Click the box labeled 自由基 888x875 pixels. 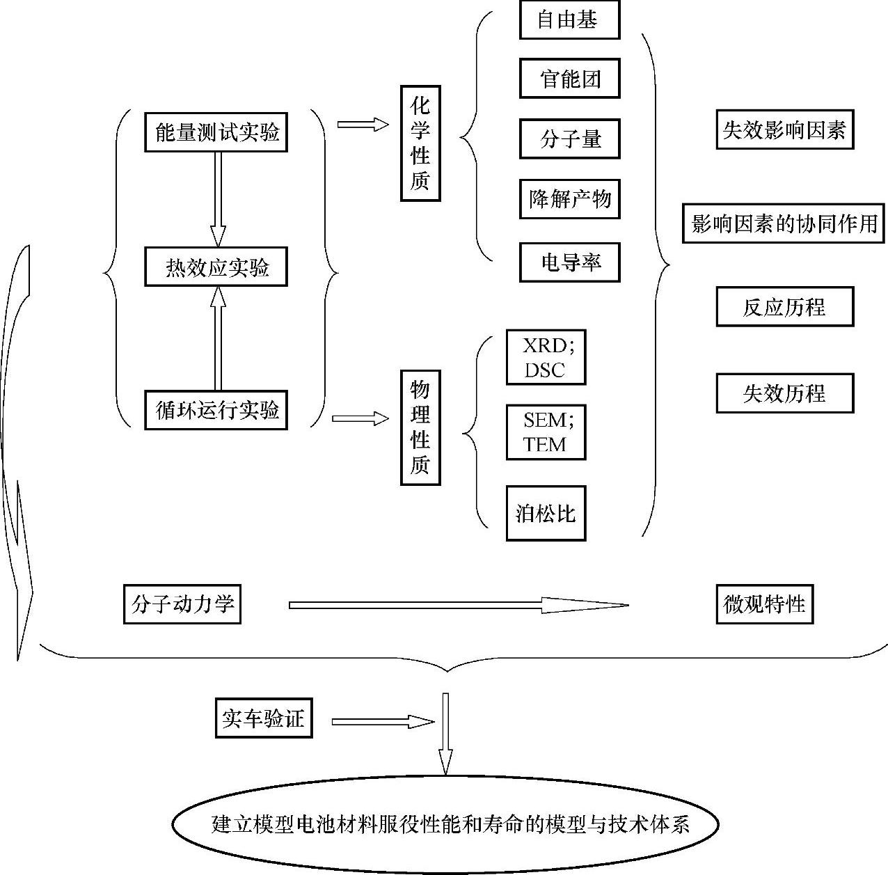point(569,20)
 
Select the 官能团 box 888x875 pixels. point(569,79)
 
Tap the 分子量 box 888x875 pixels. point(569,139)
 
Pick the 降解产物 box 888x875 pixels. point(569,200)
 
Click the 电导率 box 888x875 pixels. point(569,262)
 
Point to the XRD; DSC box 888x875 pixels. point(546,358)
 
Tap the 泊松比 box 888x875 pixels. point(546,514)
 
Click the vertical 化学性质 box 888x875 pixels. point(420,143)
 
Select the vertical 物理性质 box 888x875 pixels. point(420,427)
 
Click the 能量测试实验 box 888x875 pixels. point(216,132)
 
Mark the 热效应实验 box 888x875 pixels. point(216,267)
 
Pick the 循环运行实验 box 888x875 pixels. point(216,410)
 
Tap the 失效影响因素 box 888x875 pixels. point(784,129)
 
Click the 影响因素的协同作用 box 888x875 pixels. point(784,223)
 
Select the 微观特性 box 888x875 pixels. point(764,604)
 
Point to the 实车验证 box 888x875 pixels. point(263,718)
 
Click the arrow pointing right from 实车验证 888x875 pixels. point(383,722)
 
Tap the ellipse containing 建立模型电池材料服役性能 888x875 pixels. point(445,825)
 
